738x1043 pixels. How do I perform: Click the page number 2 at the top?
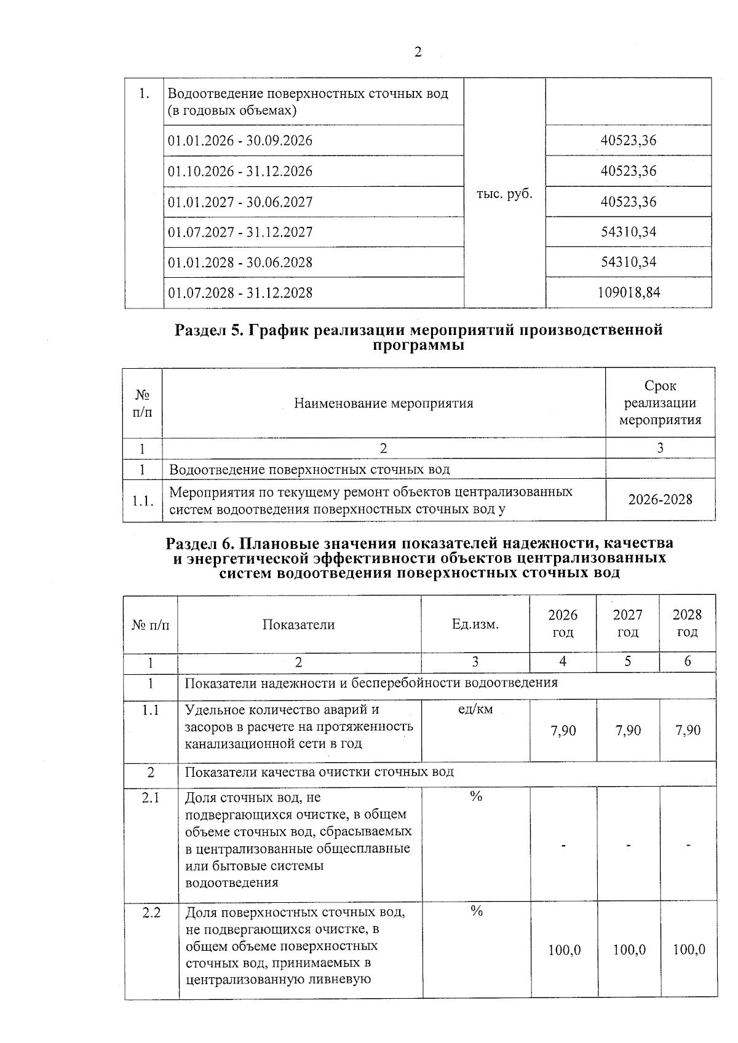click(418, 52)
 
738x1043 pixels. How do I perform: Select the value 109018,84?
click(629, 293)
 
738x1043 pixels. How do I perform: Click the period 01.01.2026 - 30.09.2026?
click(240, 141)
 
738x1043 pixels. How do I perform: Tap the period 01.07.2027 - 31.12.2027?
click(240, 232)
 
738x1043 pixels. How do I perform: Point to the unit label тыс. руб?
click(504, 194)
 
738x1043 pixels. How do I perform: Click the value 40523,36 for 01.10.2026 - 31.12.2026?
click(629, 171)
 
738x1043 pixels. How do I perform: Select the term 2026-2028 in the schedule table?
click(660, 500)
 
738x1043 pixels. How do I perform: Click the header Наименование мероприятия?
click(383, 403)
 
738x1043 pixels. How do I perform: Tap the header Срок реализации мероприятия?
click(660, 403)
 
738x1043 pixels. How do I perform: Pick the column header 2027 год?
click(627, 624)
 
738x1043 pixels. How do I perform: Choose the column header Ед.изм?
click(475, 624)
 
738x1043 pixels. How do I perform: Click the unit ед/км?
click(475, 710)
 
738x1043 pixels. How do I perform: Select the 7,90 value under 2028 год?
click(688, 730)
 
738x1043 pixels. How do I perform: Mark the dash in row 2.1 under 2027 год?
click(627, 846)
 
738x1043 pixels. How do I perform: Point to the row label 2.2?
click(151, 913)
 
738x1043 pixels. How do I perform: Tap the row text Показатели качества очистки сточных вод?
click(319, 772)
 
